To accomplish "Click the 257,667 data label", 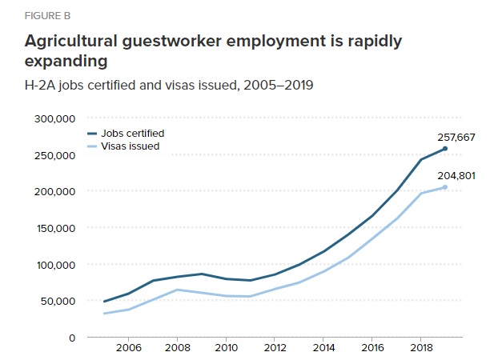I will click(456, 138).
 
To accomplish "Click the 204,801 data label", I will click(456, 175).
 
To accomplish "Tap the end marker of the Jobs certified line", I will click(445, 149).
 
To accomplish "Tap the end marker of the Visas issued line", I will click(445, 187).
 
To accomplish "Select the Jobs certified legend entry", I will click(132, 133).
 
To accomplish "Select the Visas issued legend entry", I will click(130, 146).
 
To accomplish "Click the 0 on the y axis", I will click(72, 338).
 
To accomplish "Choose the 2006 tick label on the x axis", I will click(129, 349).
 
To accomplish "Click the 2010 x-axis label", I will click(226, 349).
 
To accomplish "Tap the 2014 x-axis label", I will click(323, 349).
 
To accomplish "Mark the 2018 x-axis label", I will click(420, 349).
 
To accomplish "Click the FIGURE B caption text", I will click(46, 14).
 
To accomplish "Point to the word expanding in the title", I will click(66, 62).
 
